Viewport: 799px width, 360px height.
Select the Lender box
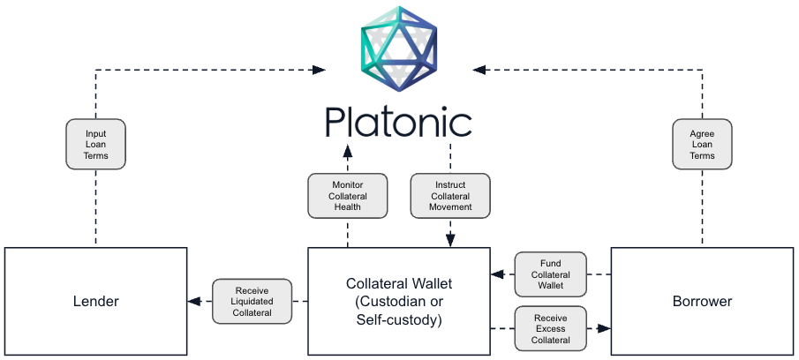pyautogui.click(x=95, y=301)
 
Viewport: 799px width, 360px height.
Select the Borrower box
pyautogui.click(x=702, y=301)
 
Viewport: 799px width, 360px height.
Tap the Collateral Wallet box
pyautogui.click(x=398, y=301)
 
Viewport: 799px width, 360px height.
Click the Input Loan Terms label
pyautogui.click(x=95, y=145)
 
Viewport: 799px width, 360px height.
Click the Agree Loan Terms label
pyautogui.click(x=702, y=145)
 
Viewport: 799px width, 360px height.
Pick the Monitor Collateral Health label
pyautogui.click(x=348, y=196)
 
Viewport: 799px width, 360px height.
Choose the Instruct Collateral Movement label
pyautogui.click(x=450, y=196)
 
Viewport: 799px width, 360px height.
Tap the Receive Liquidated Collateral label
pyautogui.click(x=253, y=301)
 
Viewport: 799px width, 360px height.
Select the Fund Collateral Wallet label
pyautogui.click(x=550, y=274)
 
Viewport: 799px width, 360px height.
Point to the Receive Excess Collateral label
pyautogui.click(x=550, y=328)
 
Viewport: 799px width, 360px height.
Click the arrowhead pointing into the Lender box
pyautogui.click(x=193, y=301)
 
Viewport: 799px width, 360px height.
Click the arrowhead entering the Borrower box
pyautogui.click(x=605, y=328)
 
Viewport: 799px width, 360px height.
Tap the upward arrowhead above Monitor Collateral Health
pyautogui.click(x=348, y=148)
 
